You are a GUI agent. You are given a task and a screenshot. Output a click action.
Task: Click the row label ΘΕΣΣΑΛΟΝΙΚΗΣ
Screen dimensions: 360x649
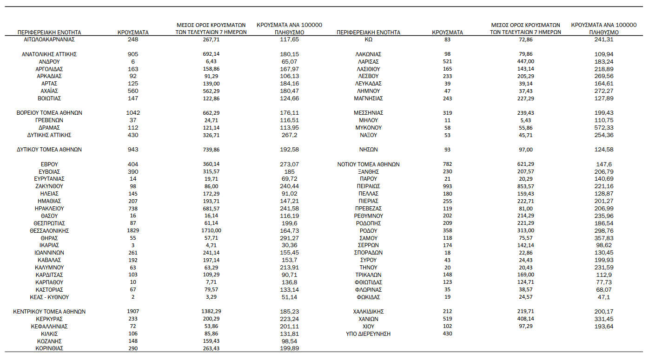pyautogui.click(x=49, y=230)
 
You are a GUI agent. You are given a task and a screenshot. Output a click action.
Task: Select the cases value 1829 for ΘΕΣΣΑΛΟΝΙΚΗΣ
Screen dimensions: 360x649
pyautogui.click(x=133, y=230)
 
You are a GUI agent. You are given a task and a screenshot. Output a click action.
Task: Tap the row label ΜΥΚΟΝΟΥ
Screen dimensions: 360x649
pyautogui.click(x=368, y=128)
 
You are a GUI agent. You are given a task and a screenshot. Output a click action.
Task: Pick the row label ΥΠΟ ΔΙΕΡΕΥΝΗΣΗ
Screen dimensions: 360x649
pyautogui.click(x=368, y=334)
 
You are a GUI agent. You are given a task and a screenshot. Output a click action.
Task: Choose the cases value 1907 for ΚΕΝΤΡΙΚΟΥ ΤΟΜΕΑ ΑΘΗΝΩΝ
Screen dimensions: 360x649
pyautogui.click(x=133, y=312)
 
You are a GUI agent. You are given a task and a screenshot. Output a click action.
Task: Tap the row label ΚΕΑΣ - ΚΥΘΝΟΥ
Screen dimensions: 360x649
pyautogui.click(x=49, y=297)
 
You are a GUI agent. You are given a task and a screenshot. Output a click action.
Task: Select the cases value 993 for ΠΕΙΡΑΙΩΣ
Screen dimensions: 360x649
pyautogui.click(x=447, y=186)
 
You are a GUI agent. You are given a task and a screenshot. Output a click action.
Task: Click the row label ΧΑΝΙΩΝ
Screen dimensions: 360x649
pyautogui.click(x=368, y=319)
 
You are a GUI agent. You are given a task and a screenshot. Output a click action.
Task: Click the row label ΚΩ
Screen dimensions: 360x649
pyautogui.click(x=368, y=39)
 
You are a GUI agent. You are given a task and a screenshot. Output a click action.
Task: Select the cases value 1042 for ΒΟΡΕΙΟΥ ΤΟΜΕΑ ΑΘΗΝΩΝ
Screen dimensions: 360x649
pyautogui.click(x=133, y=113)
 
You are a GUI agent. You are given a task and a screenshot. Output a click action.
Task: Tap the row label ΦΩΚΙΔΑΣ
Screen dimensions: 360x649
pyautogui.click(x=368, y=297)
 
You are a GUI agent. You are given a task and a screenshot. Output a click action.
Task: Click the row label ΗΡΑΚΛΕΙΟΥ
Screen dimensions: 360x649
pyautogui.click(x=49, y=209)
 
